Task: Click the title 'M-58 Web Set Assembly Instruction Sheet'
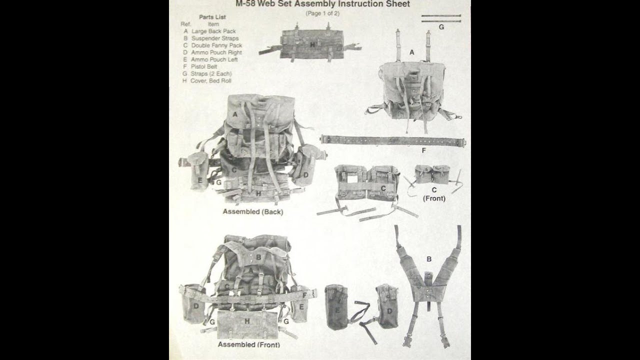(x=322, y=4)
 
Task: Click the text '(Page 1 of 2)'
(x=322, y=13)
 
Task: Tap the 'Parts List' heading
(x=212, y=17)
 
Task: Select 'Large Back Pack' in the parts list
(x=213, y=31)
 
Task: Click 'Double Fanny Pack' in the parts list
(x=216, y=45)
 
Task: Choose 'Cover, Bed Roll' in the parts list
(x=210, y=80)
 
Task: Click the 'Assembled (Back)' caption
(x=252, y=212)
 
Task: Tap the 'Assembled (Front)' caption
(x=248, y=345)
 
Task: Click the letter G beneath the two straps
(x=441, y=27)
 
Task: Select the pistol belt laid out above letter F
(x=393, y=140)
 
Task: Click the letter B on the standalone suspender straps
(x=428, y=258)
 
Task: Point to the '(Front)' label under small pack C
(x=434, y=198)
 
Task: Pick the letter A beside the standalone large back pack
(x=411, y=52)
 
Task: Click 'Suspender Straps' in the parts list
(x=214, y=38)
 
